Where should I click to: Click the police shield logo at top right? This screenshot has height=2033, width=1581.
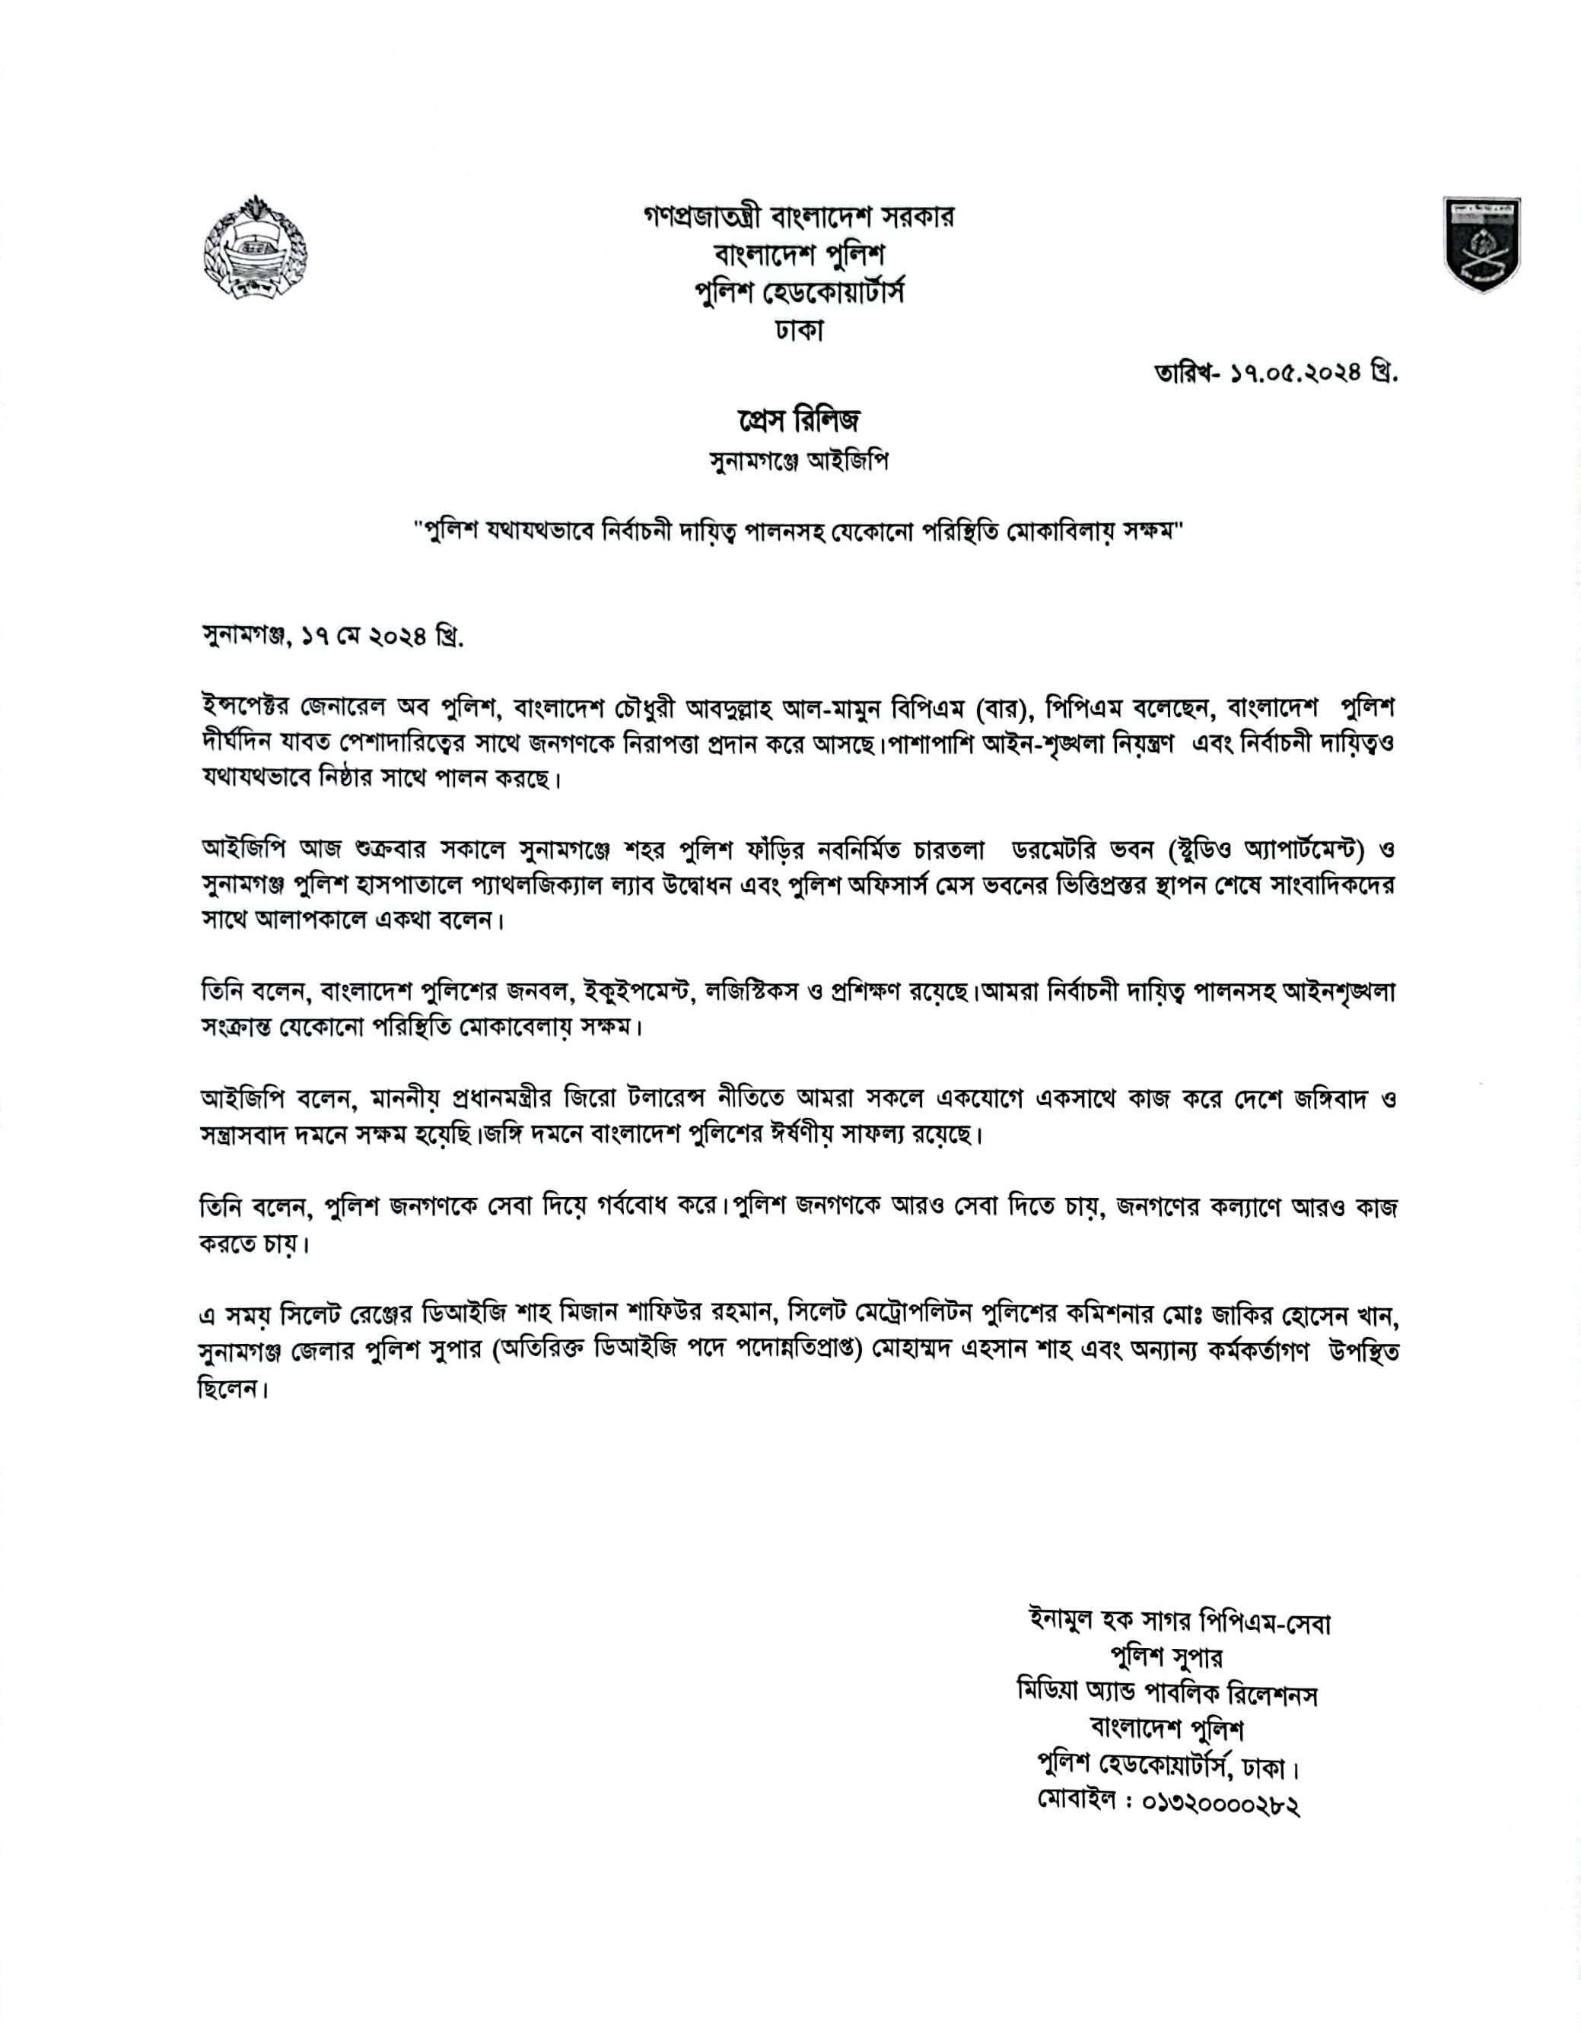1481,244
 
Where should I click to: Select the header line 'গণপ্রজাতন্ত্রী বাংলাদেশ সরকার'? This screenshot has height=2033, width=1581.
799,217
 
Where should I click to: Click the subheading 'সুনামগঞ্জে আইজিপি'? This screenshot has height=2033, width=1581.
799,462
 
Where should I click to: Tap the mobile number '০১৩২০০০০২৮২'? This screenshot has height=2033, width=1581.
1220,1805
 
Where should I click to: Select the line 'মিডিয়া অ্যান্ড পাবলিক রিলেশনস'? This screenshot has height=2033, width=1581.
1168,1693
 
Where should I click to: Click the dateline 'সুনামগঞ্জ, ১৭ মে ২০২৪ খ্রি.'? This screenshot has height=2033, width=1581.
332,637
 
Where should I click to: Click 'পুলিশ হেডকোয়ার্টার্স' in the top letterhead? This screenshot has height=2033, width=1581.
800,292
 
